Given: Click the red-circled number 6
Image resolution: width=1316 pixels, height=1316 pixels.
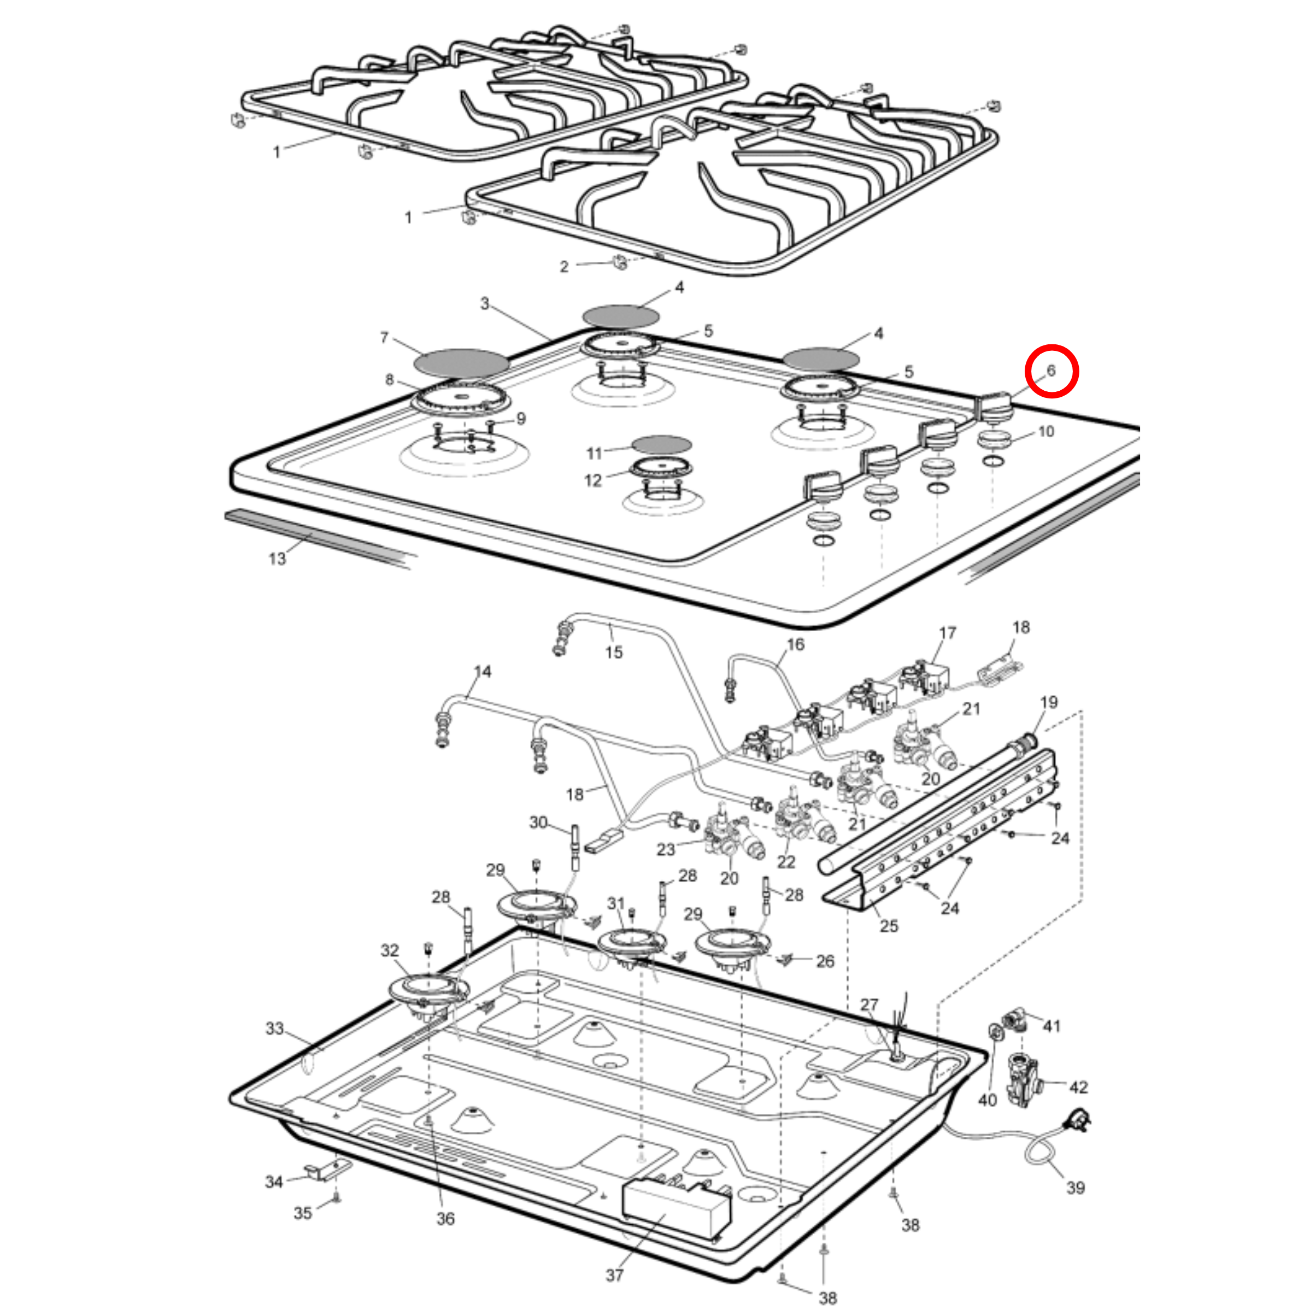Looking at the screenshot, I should point(1051,371).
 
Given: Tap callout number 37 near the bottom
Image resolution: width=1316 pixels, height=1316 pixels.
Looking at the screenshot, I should point(614,1275).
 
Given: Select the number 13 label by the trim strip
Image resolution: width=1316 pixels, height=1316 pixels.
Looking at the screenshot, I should point(277,559).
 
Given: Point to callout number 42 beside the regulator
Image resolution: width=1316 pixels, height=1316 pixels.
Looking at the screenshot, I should point(1078,1087).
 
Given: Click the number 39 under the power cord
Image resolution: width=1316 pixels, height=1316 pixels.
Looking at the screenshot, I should point(1075,1188).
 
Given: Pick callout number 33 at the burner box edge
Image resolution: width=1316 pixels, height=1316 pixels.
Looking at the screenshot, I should point(274,1029).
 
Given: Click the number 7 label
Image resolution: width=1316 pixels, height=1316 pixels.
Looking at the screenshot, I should point(384,338).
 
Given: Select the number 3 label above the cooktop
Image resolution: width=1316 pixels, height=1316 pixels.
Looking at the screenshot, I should point(484,303).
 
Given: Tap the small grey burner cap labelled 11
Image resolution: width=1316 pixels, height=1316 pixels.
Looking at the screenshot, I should point(661,445).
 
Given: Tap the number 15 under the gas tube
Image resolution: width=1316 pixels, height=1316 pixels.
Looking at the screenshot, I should point(614,652).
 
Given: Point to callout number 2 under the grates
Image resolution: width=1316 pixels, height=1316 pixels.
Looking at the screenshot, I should point(564,266).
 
